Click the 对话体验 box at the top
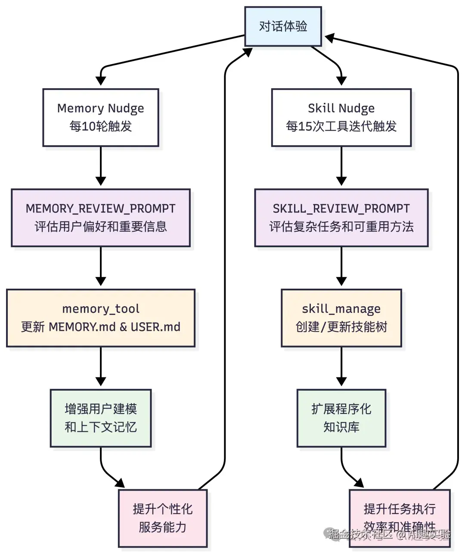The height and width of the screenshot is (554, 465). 283,26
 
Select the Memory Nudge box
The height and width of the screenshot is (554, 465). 101,117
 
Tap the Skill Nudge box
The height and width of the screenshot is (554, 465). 341,117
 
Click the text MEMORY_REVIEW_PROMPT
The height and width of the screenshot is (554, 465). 101,209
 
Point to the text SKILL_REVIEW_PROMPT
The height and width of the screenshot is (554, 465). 341,209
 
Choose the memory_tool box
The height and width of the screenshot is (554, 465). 101,318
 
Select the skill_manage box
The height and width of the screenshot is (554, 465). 341,318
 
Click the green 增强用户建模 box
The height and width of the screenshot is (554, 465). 101,418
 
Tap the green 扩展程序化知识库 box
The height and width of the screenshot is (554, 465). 341,418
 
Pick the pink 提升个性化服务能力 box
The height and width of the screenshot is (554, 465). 163,518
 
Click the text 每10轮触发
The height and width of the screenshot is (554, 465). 101,127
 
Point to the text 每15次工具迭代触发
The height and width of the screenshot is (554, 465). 341,127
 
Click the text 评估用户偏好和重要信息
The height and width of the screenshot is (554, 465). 101,227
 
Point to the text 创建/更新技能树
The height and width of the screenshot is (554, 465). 341,327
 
